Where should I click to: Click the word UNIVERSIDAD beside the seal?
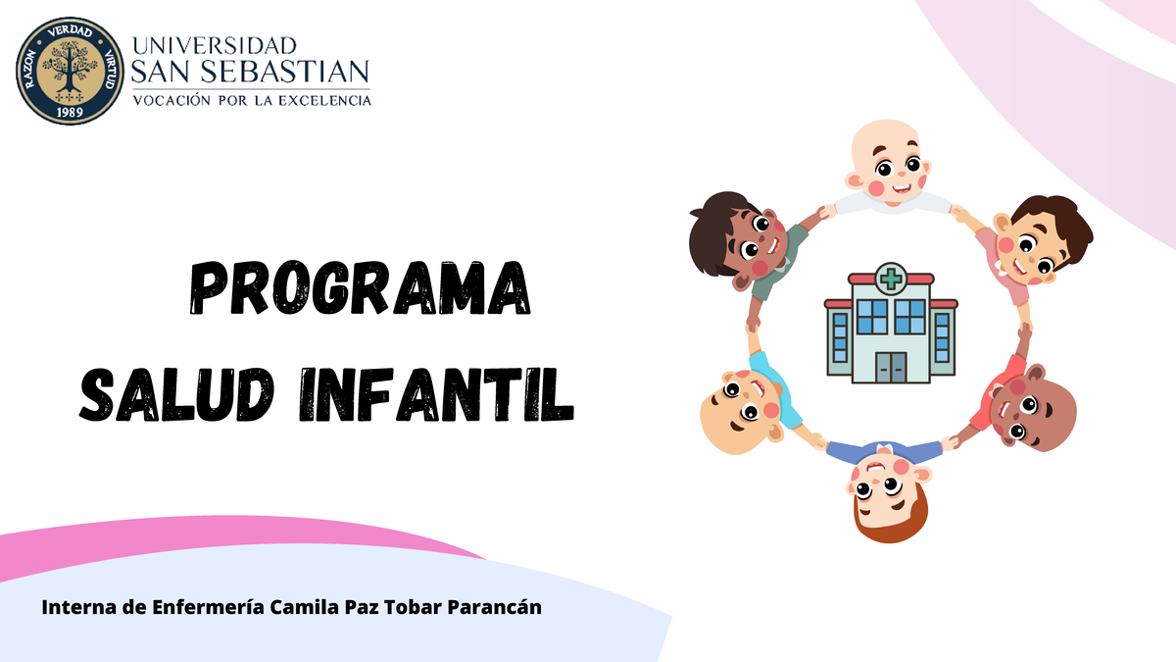[213, 46]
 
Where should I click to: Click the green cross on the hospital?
[891, 279]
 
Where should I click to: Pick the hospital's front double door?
[891, 367]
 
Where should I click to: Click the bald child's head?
[889, 162]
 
